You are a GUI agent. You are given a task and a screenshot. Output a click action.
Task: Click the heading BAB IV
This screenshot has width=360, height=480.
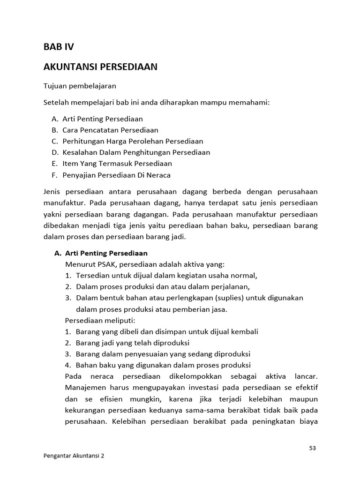tap(59, 47)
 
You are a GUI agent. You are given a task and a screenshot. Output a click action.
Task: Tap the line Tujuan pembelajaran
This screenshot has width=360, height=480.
tap(80, 86)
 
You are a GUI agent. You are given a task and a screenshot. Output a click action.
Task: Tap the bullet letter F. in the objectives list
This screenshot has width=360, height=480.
tap(55, 175)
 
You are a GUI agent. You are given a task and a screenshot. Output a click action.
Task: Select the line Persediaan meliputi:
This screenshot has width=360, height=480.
tap(100, 321)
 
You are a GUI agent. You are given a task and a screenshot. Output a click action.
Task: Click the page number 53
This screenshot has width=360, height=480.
tap(313, 448)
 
